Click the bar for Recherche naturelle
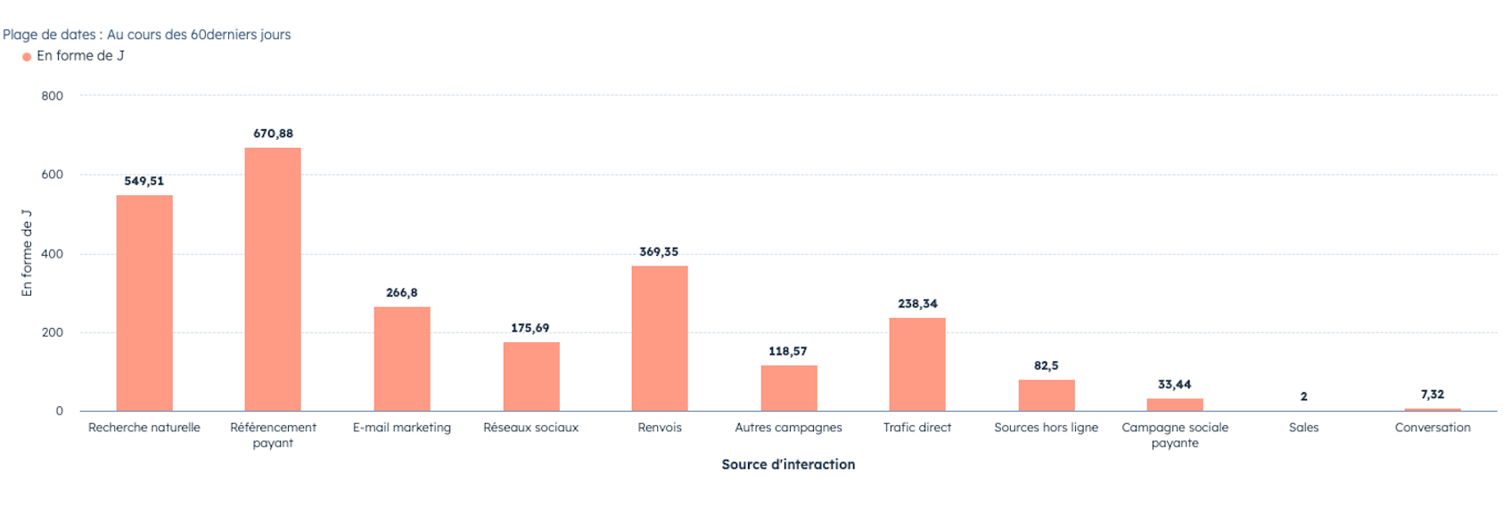click(x=144, y=303)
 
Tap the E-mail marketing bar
click(x=402, y=358)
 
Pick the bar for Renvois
click(x=660, y=338)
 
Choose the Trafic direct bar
click(x=917, y=364)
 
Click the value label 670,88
click(x=273, y=134)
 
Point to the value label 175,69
click(x=530, y=328)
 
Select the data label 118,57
click(x=788, y=351)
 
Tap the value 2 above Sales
click(x=1303, y=397)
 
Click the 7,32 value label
click(x=1433, y=394)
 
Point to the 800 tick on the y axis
click(x=53, y=96)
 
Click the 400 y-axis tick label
click(x=53, y=254)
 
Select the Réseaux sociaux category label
click(x=530, y=428)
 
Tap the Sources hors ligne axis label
click(x=1046, y=428)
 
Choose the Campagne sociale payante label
click(x=1175, y=435)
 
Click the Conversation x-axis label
click(x=1433, y=428)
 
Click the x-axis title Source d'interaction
click(x=788, y=464)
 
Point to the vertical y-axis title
click(x=27, y=254)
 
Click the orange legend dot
click(x=27, y=57)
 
